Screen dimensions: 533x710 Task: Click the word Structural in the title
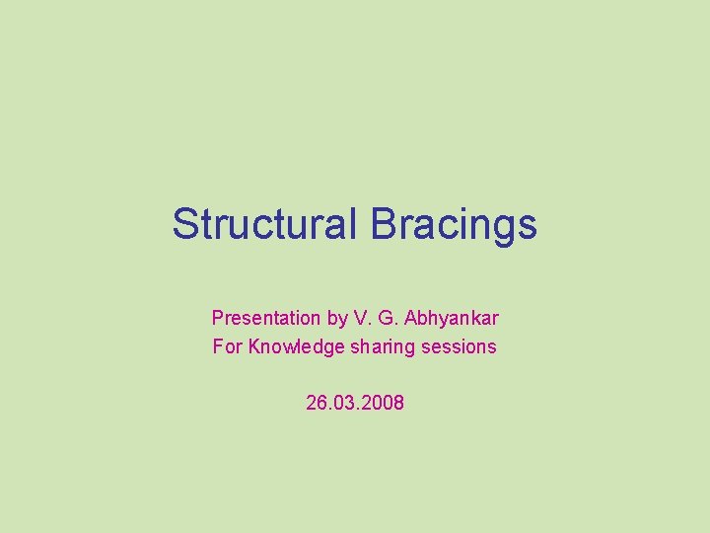click(x=264, y=224)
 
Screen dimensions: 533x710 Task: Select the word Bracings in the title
click(x=455, y=224)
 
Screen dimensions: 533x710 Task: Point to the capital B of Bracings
click(x=384, y=224)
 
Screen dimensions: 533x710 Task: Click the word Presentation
click(x=266, y=318)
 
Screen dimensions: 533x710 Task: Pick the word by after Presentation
click(x=337, y=318)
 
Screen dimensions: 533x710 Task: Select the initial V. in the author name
click(x=362, y=318)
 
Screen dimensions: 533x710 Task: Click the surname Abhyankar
click(x=451, y=318)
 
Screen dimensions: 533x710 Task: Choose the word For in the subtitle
click(x=228, y=346)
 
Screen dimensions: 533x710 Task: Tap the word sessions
click(x=461, y=346)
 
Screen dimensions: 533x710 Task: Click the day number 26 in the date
click(x=318, y=403)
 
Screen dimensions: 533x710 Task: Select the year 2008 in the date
click(x=384, y=403)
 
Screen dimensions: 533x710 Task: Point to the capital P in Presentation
click(x=218, y=318)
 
